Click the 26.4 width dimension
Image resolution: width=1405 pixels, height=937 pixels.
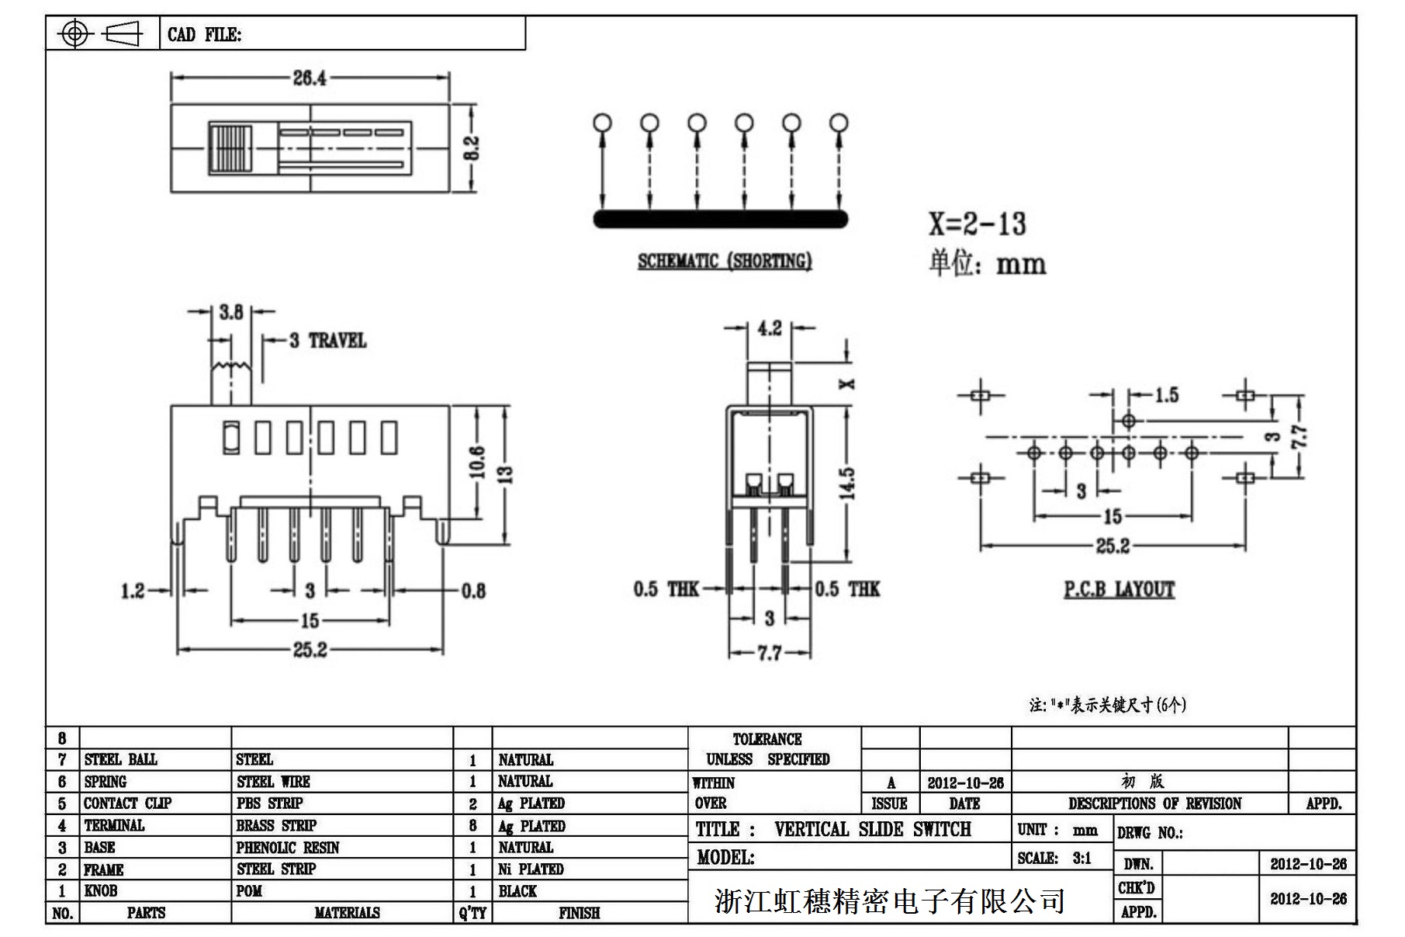pos(310,78)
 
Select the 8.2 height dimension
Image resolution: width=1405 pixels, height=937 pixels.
pos(472,147)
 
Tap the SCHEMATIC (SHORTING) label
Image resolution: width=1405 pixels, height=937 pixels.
pos(725,261)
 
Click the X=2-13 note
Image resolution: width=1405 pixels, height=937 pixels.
pos(978,224)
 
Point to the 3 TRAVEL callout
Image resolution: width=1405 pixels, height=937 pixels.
pos(327,340)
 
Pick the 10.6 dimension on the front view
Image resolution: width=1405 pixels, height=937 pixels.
pos(477,462)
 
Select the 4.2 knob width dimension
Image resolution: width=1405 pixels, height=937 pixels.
pos(769,328)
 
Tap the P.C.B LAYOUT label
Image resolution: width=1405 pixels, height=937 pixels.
pos(1119,590)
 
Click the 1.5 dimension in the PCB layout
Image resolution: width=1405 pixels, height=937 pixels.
pos(1165,395)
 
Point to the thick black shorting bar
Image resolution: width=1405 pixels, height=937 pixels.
pos(721,219)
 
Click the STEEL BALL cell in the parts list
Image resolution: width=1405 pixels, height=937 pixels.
pos(120,759)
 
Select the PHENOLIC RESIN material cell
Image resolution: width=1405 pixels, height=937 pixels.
pos(288,848)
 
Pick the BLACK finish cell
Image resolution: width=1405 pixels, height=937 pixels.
pos(517,891)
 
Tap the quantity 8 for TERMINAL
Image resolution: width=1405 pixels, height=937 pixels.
pos(472,826)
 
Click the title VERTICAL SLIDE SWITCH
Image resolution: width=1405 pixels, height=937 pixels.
pos(872,829)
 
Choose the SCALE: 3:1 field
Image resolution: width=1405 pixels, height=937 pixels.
pos(1054,858)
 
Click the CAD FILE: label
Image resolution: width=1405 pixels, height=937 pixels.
pos(204,35)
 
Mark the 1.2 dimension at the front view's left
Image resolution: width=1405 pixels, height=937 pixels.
pos(133,592)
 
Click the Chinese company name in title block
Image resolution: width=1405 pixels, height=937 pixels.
pos(889,901)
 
